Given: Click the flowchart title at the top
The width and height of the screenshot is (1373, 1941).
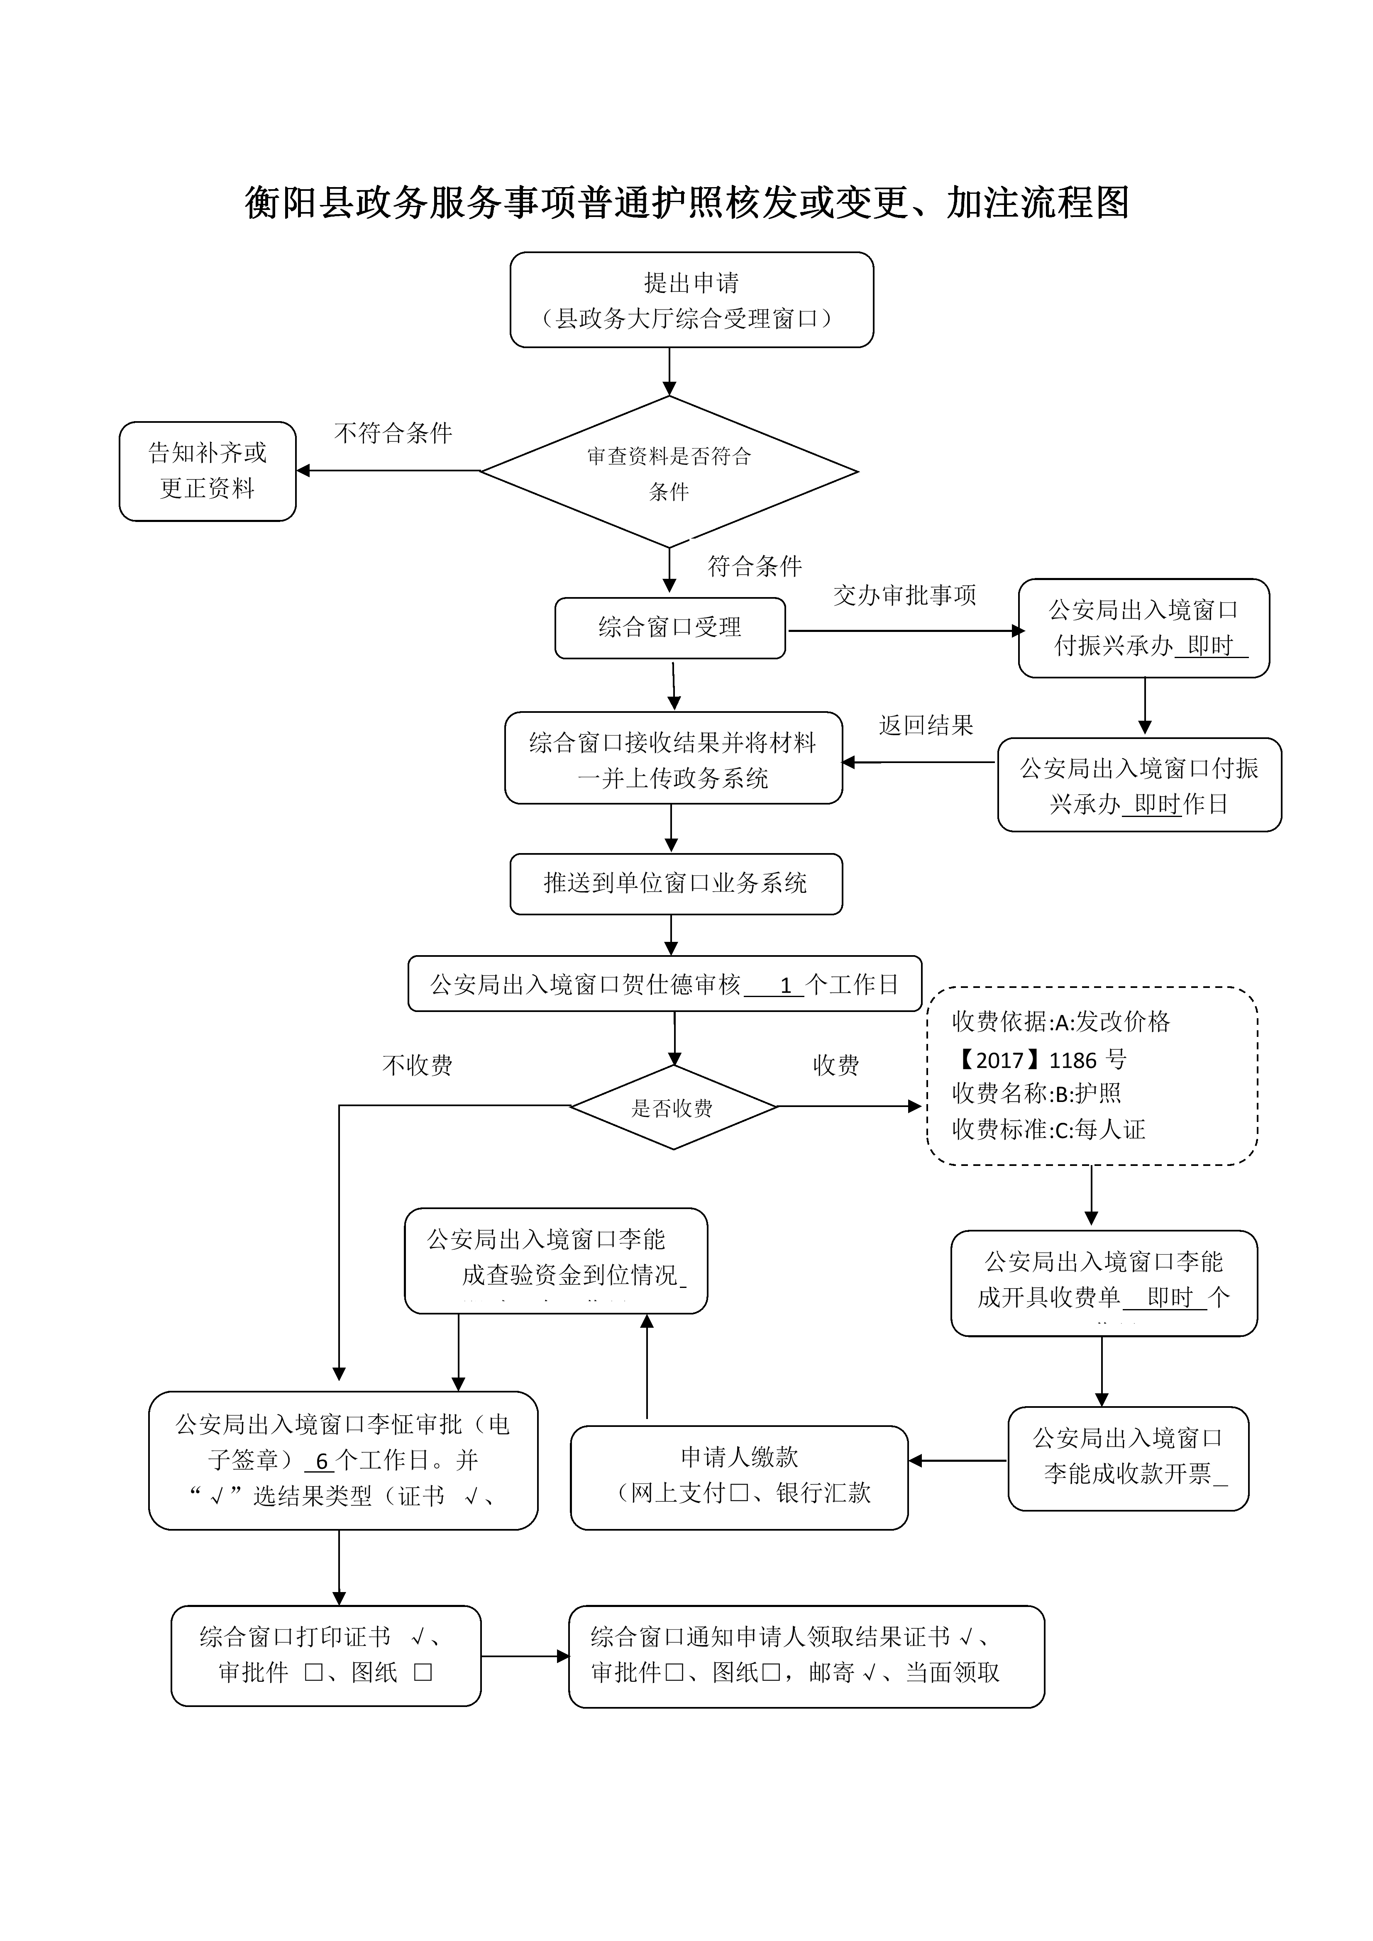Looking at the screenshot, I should click(686, 203).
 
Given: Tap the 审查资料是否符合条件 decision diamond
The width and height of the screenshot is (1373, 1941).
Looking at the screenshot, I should click(669, 472).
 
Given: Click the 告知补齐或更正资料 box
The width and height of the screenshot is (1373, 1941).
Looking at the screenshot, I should click(207, 471).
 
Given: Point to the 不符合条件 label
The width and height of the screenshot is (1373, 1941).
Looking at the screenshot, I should click(393, 434).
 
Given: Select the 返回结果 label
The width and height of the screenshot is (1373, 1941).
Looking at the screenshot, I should click(926, 725).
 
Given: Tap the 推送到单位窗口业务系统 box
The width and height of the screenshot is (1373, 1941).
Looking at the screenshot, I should click(676, 883).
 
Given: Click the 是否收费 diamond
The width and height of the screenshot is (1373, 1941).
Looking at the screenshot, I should click(673, 1107).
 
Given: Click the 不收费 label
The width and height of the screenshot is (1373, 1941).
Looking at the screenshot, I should click(418, 1065).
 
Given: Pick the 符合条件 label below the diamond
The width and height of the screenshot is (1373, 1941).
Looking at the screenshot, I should click(754, 566).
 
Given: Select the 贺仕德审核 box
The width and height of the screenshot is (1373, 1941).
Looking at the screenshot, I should click(665, 984).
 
